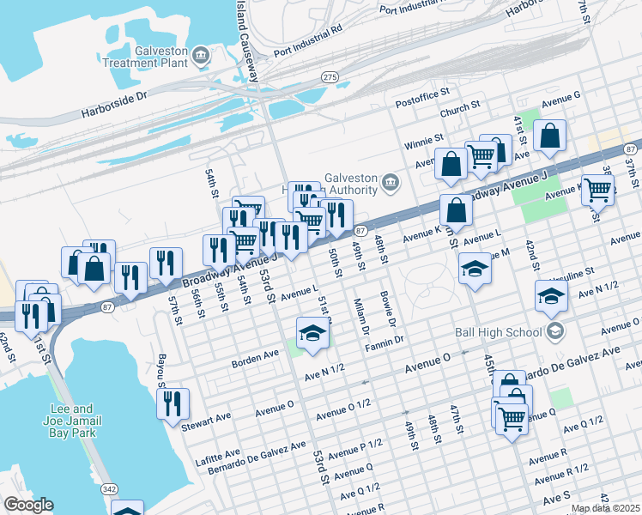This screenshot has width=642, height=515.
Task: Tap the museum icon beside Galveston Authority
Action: click(390, 182)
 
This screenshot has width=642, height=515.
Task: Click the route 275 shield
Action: click(329, 77)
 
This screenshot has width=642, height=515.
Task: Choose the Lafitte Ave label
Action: click(219, 452)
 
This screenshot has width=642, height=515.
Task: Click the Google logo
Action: click(28, 505)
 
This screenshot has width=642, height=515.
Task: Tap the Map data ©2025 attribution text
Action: click(605, 508)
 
